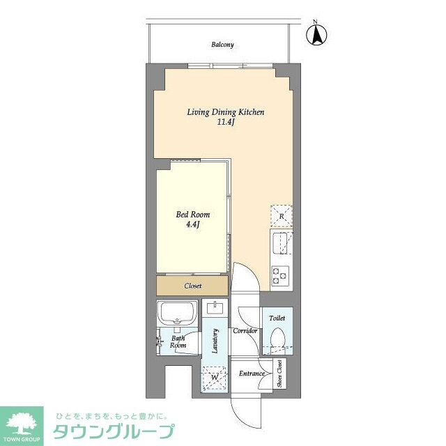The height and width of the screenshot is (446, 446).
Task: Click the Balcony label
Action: click(x=223, y=45)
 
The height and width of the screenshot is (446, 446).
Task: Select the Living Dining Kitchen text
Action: click(x=225, y=112)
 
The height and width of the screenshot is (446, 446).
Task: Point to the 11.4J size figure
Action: click(x=224, y=124)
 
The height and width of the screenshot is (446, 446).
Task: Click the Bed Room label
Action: click(x=192, y=215)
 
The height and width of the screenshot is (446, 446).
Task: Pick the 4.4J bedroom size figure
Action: click(x=192, y=226)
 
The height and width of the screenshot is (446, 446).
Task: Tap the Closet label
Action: click(x=192, y=286)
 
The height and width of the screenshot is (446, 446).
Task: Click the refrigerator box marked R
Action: click(x=281, y=216)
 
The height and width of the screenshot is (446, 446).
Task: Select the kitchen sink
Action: click(x=281, y=245)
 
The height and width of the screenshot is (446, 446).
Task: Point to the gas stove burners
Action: click(x=281, y=276)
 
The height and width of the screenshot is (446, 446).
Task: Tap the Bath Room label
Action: click(x=178, y=341)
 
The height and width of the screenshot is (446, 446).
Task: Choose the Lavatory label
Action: click(x=216, y=341)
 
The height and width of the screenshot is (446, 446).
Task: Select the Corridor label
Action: click(x=246, y=330)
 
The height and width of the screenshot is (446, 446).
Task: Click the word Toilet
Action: click(x=277, y=318)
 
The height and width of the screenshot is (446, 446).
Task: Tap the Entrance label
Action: click(x=252, y=374)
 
